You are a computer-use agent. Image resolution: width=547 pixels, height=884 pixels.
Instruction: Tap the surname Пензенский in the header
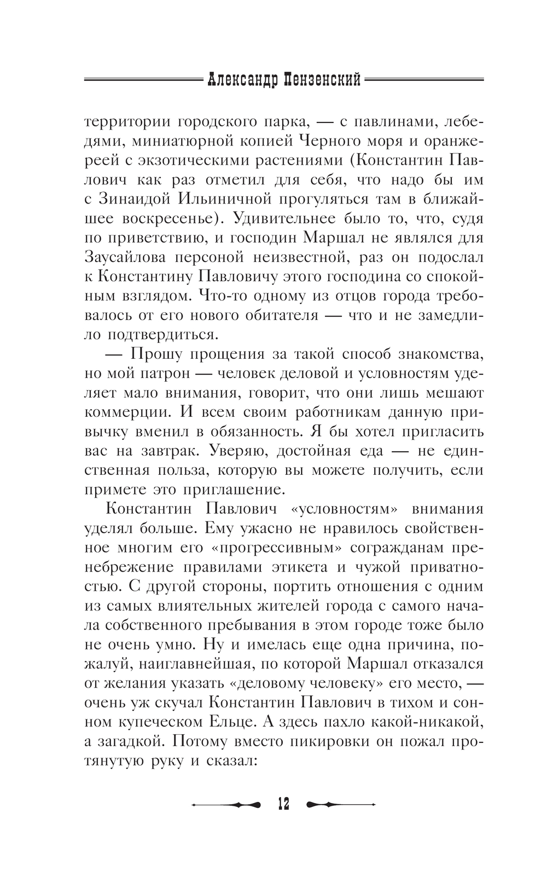pos(323,80)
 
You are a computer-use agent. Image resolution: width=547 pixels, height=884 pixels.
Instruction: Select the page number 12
pos(283,804)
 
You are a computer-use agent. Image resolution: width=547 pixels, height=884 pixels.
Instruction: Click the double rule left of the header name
pos(143,80)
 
